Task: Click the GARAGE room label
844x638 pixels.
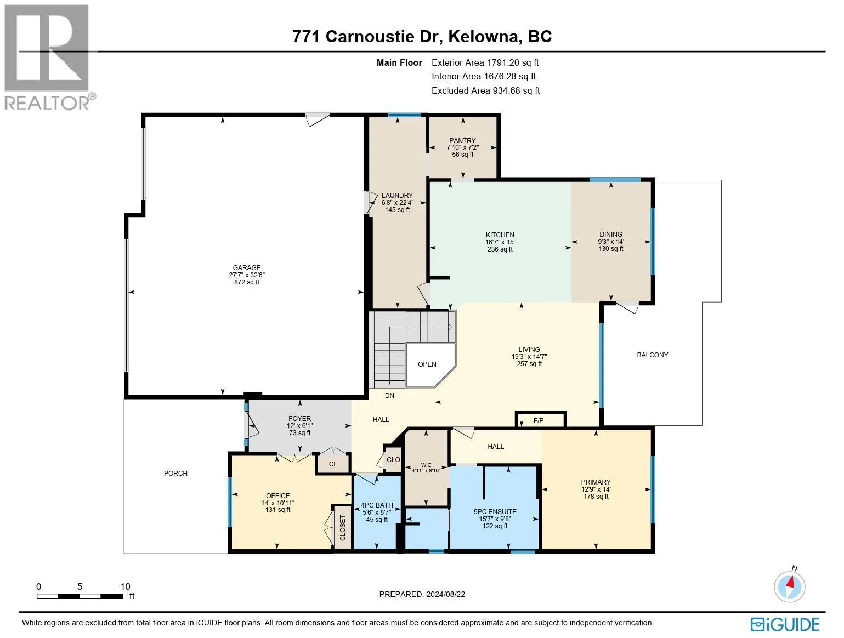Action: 246,268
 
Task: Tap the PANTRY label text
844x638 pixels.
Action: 462,140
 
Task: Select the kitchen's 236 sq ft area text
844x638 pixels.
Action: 500,249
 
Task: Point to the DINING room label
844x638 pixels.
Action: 610,234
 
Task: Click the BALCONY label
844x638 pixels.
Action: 652,355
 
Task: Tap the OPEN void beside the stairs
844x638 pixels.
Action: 427,364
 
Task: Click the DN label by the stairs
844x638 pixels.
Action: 389,395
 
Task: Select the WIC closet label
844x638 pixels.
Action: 426,465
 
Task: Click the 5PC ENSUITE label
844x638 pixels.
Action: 495,512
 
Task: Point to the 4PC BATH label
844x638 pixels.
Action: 377,505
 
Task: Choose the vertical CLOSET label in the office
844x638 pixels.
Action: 342,528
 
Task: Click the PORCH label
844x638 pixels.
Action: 175,473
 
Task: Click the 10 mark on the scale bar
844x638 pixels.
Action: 125,586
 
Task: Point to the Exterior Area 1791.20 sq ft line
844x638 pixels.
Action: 485,63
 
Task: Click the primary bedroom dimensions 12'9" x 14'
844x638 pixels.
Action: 596,489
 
